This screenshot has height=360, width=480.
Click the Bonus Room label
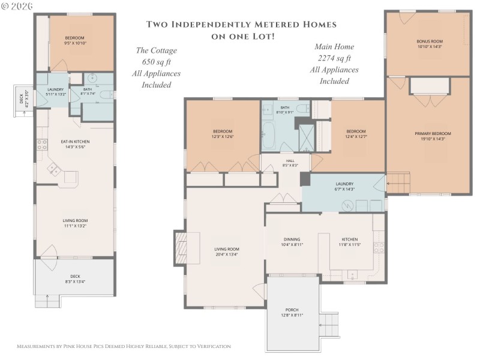click(428, 44)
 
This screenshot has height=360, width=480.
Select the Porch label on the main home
click(292, 312)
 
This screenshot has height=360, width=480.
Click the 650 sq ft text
click(156, 62)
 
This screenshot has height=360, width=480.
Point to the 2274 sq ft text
click(334, 58)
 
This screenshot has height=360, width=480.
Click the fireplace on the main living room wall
click(182, 248)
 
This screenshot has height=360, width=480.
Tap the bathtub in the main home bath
click(269, 137)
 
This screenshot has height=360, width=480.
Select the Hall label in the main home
click(290, 163)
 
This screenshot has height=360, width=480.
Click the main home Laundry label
click(344, 187)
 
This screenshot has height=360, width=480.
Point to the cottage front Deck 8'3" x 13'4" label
click(75, 279)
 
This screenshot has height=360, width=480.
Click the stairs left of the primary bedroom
click(397, 182)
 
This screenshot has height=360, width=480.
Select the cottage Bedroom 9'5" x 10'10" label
click(75, 41)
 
